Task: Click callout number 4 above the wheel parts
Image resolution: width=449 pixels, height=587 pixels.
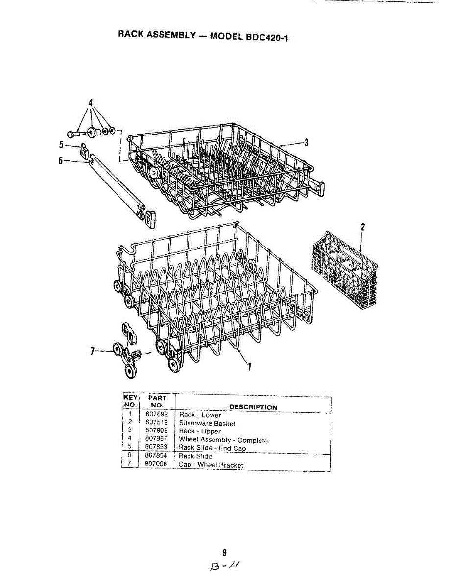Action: point(90,103)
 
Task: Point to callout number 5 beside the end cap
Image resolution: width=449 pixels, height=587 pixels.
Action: point(61,144)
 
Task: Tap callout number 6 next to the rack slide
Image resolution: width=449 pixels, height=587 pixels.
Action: point(61,160)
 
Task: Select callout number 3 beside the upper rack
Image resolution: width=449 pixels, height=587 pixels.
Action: point(307,143)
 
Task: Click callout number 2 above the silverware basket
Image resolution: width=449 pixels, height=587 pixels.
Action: point(362,227)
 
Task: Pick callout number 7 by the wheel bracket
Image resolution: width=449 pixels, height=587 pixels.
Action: point(92,351)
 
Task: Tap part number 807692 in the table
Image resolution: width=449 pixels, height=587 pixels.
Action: point(157,415)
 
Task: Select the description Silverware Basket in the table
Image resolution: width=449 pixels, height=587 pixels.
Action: point(207,423)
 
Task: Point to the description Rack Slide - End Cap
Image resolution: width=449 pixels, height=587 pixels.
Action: point(212,448)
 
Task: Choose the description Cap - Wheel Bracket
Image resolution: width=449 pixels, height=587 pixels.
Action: point(211,465)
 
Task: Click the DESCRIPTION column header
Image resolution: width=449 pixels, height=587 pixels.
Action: point(253,407)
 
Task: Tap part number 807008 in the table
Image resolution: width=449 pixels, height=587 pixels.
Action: point(157,464)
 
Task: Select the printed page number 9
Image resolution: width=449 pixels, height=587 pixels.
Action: point(224,553)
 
